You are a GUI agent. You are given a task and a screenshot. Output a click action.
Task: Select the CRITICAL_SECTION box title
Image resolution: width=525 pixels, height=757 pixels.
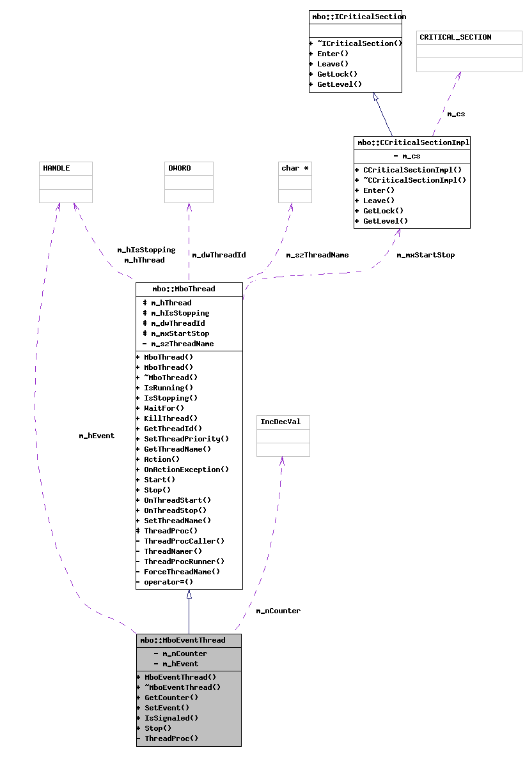pos(455,37)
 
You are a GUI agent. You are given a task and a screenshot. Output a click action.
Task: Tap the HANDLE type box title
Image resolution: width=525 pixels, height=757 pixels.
pos(56,168)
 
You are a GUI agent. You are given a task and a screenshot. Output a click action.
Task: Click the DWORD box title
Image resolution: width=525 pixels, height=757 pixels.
pos(179,168)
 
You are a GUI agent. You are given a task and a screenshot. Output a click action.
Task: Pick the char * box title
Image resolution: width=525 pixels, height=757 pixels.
pos(295,168)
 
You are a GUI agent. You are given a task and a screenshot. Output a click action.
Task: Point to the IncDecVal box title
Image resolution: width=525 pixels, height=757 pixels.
pos(280,422)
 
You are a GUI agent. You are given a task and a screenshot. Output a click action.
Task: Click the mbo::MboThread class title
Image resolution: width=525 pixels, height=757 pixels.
pos(189,289)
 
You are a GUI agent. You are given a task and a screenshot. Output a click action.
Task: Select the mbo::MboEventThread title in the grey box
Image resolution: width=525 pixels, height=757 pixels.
pos(183,640)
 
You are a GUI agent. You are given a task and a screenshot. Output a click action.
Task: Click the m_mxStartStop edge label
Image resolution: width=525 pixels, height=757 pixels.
pos(425,255)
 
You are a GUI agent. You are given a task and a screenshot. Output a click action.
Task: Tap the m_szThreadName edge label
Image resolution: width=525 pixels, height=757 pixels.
pos(317,255)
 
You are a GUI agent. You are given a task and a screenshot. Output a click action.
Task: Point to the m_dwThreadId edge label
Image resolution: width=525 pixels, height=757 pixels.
pos(219,255)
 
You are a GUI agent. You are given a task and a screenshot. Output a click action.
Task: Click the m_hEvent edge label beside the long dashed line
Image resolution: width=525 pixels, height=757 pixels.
pos(97,436)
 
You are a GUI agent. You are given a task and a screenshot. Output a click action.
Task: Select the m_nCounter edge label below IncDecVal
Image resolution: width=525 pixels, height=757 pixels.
pos(278,611)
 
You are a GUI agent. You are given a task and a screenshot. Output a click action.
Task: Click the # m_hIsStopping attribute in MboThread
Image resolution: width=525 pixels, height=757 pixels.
pos(176,313)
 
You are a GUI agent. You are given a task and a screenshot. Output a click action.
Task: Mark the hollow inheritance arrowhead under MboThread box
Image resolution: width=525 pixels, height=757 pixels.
pos(189,594)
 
